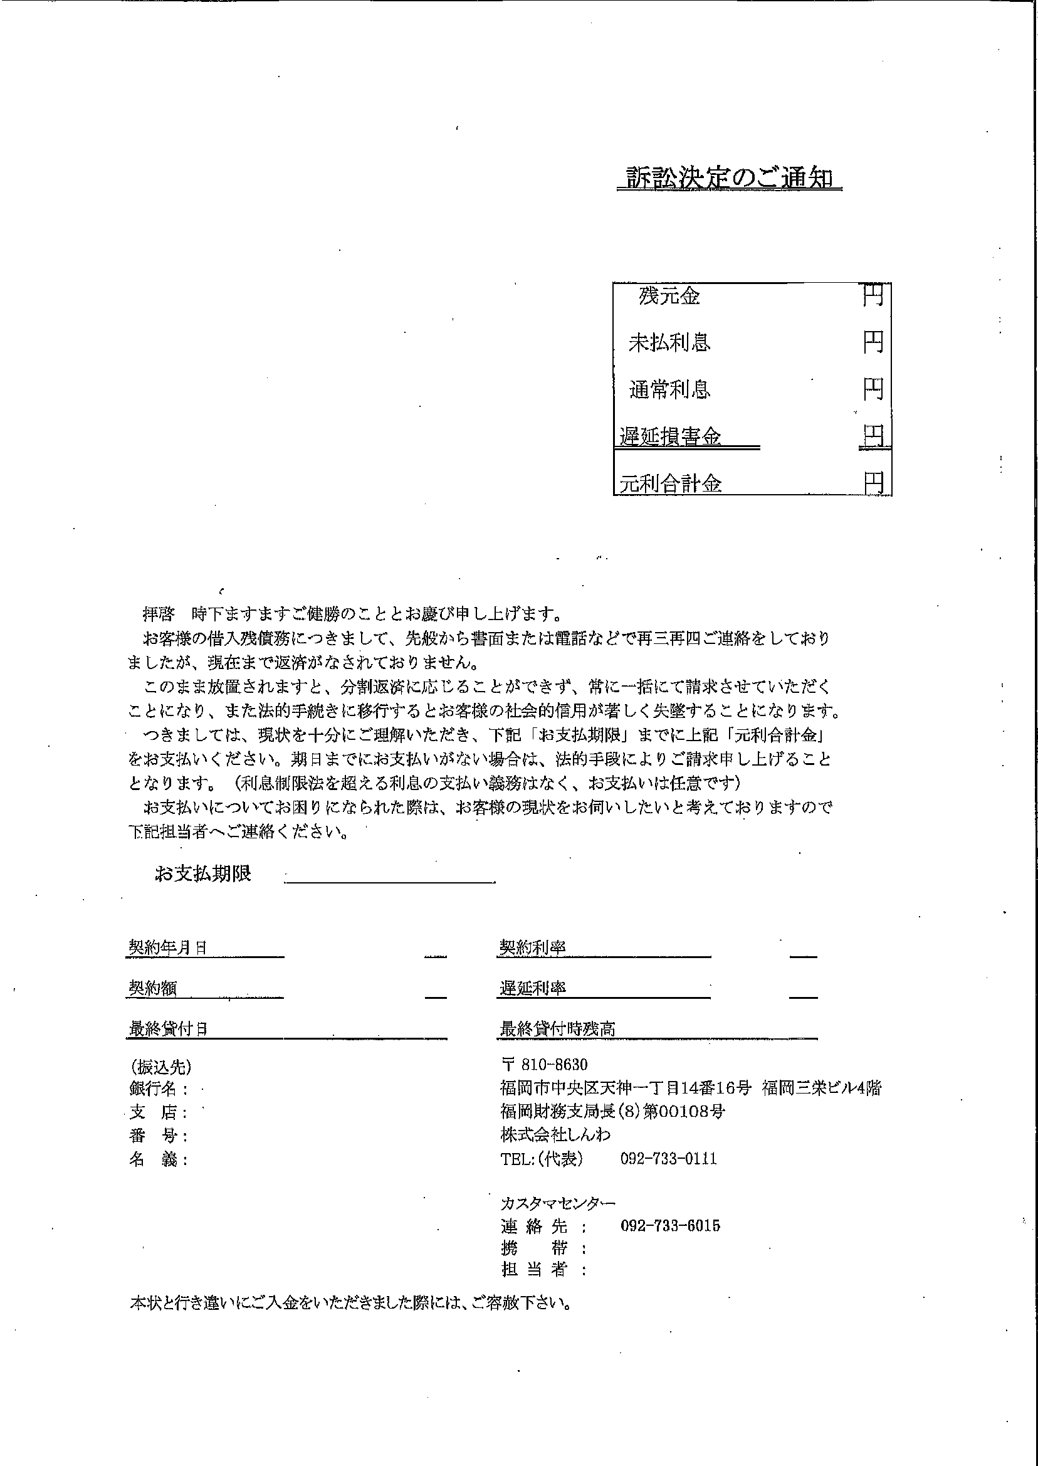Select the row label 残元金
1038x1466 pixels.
(669, 296)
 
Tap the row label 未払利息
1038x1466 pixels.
(669, 344)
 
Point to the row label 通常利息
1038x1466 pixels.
(669, 389)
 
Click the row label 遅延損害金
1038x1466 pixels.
(671, 436)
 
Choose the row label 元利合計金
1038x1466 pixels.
(671, 483)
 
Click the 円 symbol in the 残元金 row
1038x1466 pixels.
(873, 295)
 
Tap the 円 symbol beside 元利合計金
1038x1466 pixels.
(874, 483)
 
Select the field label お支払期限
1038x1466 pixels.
(202, 874)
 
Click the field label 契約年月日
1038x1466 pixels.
(167, 947)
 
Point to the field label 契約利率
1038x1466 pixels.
(532, 947)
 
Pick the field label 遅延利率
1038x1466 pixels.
(532, 988)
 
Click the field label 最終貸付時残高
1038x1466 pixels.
(557, 1029)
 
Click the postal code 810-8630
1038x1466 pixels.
(553, 1065)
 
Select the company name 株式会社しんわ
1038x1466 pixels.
(555, 1135)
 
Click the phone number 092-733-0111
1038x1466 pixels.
(669, 1159)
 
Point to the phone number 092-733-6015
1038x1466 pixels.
(670, 1226)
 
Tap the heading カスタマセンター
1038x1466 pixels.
(558, 1203)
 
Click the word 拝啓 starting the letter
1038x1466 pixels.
(158, 614)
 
